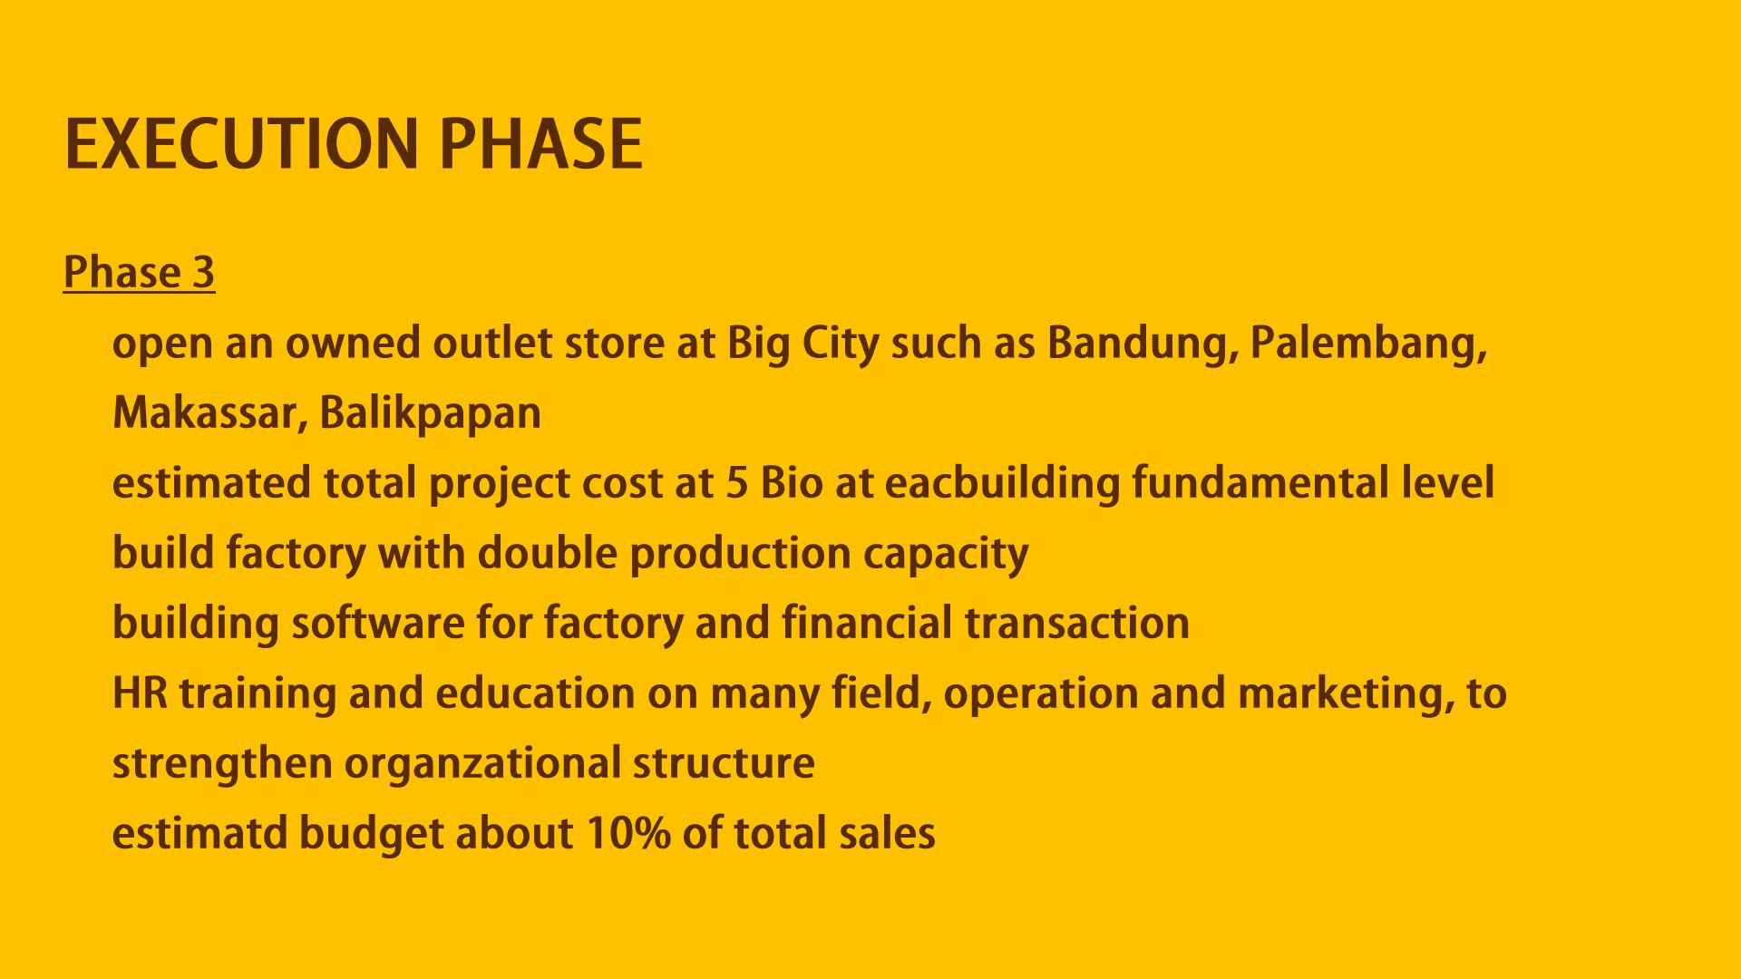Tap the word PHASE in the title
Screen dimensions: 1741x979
click(x=541, y=144)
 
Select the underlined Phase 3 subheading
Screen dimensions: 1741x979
click(x=139, y=272)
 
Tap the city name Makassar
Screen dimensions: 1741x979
click(x=210, y=413)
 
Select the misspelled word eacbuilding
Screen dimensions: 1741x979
click(x=1003, y=484)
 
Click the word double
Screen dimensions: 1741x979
click(x=548, y=553)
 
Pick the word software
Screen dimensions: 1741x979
click(x=377, y=623)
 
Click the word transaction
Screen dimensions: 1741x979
click(x=1077, y=624)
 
